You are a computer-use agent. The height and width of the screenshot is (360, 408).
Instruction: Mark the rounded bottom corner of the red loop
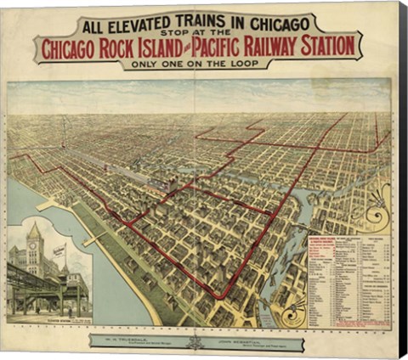pos(220,297)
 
